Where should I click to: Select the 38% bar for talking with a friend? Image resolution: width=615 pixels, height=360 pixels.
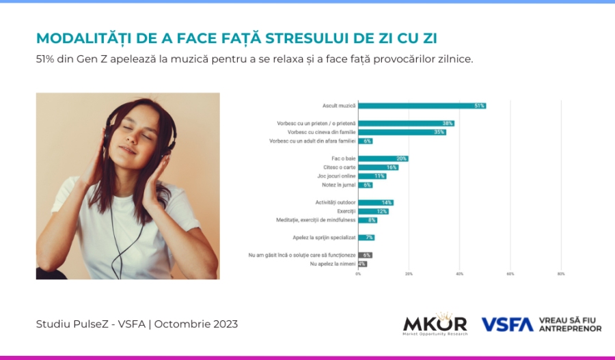pos(406,124)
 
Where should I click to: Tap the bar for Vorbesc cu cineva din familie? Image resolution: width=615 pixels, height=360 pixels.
pos(402,132)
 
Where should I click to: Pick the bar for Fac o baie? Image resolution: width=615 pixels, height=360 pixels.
pos(383,158)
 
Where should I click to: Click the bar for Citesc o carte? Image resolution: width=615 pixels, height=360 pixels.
pos(378,167)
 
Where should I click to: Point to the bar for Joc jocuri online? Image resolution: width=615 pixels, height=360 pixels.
pos(372,176)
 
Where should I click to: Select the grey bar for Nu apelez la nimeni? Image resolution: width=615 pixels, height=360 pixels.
pos(362,264)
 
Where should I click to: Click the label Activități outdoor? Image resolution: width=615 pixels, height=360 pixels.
pos(335,203)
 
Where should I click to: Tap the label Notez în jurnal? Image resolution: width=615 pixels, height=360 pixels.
pos(338,185)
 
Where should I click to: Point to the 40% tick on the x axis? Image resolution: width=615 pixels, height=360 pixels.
pos(459,274)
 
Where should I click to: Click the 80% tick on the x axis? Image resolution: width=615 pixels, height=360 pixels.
pos(561,274)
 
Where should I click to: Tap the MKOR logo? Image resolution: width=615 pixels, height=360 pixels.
pos(435,324)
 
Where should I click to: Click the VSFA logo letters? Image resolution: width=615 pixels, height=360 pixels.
pos(507,324)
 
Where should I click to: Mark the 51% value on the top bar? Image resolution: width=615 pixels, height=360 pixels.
pos(480,106)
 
